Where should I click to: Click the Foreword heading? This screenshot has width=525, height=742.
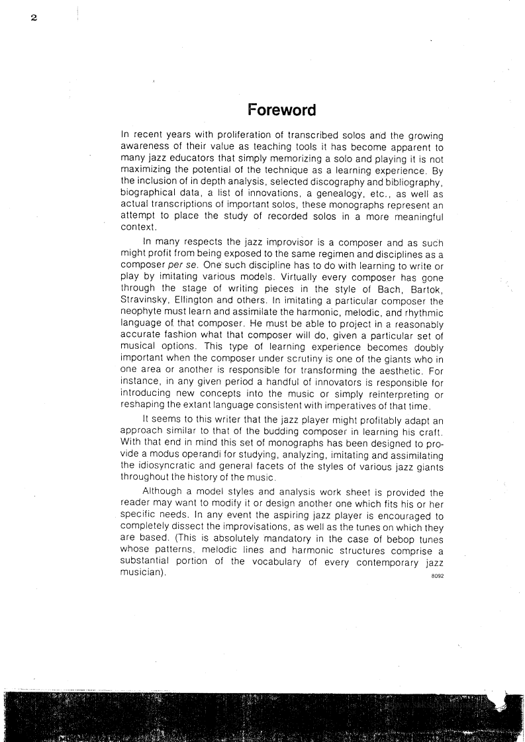click(x=281, y=109)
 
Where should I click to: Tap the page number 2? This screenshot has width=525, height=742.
click(x=32, y=17)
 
